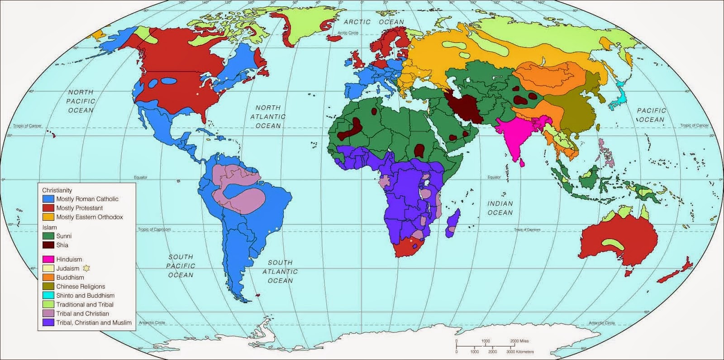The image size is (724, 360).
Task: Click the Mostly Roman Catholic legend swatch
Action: [48, 199]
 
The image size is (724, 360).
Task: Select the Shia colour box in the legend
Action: [48, 245]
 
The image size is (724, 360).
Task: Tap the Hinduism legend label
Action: [69, 260]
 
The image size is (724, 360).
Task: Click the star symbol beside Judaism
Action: [86, 268]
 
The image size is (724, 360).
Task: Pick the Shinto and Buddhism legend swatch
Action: [48, 295]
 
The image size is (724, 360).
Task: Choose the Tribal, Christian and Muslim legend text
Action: [94, 322]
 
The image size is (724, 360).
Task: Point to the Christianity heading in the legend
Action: [57, 190]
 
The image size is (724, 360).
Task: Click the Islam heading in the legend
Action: [50, 227]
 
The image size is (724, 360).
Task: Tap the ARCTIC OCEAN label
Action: [374, 22]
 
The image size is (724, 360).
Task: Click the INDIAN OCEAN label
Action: [500, 208]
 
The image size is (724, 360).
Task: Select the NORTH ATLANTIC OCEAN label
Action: [268, 117]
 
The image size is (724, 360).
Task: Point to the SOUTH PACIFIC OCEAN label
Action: [181, 266]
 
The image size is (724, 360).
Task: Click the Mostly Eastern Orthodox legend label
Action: [90, 217]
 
